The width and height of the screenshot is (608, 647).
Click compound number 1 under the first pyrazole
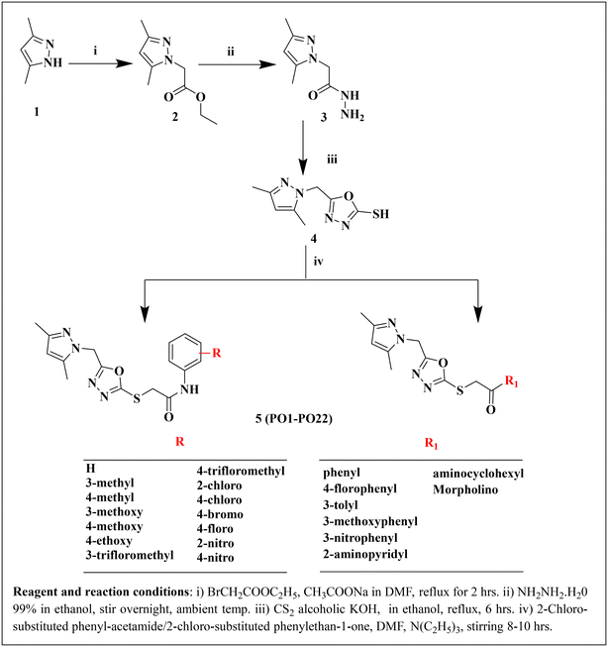(37, 111)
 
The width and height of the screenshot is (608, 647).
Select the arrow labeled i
(100, 64)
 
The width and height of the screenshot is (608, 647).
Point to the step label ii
(230, 52)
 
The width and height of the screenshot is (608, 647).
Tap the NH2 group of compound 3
(353, 115)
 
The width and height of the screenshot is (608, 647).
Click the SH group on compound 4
(380, 214)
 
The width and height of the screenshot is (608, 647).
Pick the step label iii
(332, 160)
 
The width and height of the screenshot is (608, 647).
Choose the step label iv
(319, 262)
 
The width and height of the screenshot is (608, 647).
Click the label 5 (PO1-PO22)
(294, 419)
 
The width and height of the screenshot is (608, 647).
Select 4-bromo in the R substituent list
(220, 514)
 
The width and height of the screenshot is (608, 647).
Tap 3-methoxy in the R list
(114, 512)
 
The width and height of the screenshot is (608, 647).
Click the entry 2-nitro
(215, 543)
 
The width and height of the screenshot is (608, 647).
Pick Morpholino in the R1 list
(465, 489)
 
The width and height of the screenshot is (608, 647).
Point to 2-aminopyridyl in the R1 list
(365, 554)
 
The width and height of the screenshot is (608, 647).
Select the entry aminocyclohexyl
(478, 474)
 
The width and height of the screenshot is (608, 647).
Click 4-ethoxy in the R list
(109, 541)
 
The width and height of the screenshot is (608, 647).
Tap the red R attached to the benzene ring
(216, 353)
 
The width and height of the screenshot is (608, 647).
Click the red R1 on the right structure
(512, 381)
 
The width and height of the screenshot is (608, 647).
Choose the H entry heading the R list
(90, 469)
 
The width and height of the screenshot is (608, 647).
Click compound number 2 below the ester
(175, 117)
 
